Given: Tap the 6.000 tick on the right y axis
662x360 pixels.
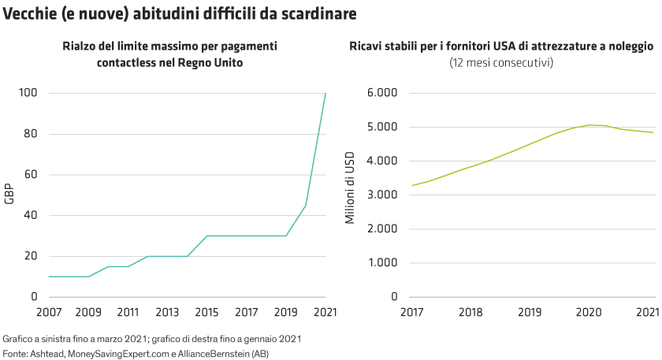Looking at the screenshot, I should pos(381,93).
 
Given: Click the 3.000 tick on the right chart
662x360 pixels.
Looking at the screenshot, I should pos(381,195).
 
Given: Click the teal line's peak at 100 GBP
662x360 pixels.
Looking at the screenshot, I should pos(325,94).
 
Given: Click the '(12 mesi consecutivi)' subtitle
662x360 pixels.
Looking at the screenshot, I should pos(500,61).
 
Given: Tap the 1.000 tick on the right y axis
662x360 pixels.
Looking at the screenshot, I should pos(381,262).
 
